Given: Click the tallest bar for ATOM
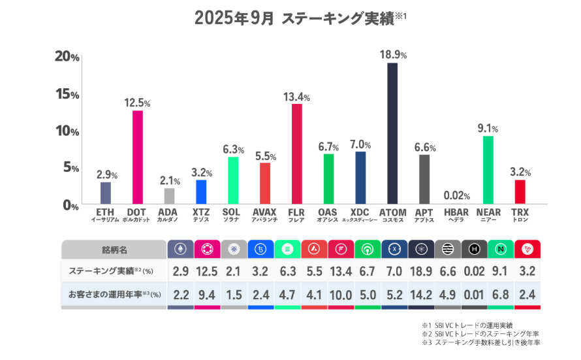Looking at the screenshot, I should [x=392, y=133].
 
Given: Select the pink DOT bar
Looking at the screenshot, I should [x=138, y=157].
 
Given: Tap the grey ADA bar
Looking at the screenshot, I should [x=169, y=196].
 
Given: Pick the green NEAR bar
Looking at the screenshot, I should [x=488, y=170].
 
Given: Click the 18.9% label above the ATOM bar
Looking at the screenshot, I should [x=393, y=54].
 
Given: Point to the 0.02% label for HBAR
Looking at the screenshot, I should [x=456, y=195].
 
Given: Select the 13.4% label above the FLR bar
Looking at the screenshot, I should [x=296, y=97].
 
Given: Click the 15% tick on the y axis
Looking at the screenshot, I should [x=67, y=94].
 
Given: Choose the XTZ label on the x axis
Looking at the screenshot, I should [x=201, y=212].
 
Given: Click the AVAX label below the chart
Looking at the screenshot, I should [x=264, y=212].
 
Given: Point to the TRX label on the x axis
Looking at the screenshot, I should [x=520, y=212].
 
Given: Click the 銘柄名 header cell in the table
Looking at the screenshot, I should [x=114, y=250].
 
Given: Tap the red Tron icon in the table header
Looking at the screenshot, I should [x=527, y=250].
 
